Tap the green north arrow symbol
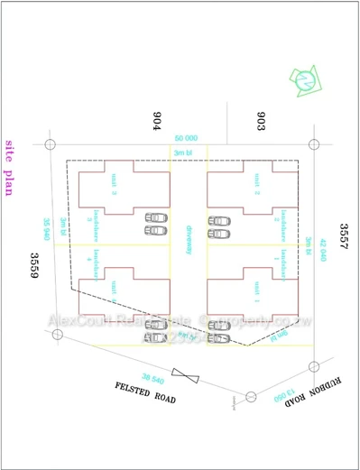[x=308, y=81]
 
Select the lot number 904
[x=156, y=120]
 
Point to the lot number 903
[x=261, y=120]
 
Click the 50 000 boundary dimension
[x=186, y=137]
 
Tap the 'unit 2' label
[x=256, y=186]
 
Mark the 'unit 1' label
[x=256, y=290]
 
